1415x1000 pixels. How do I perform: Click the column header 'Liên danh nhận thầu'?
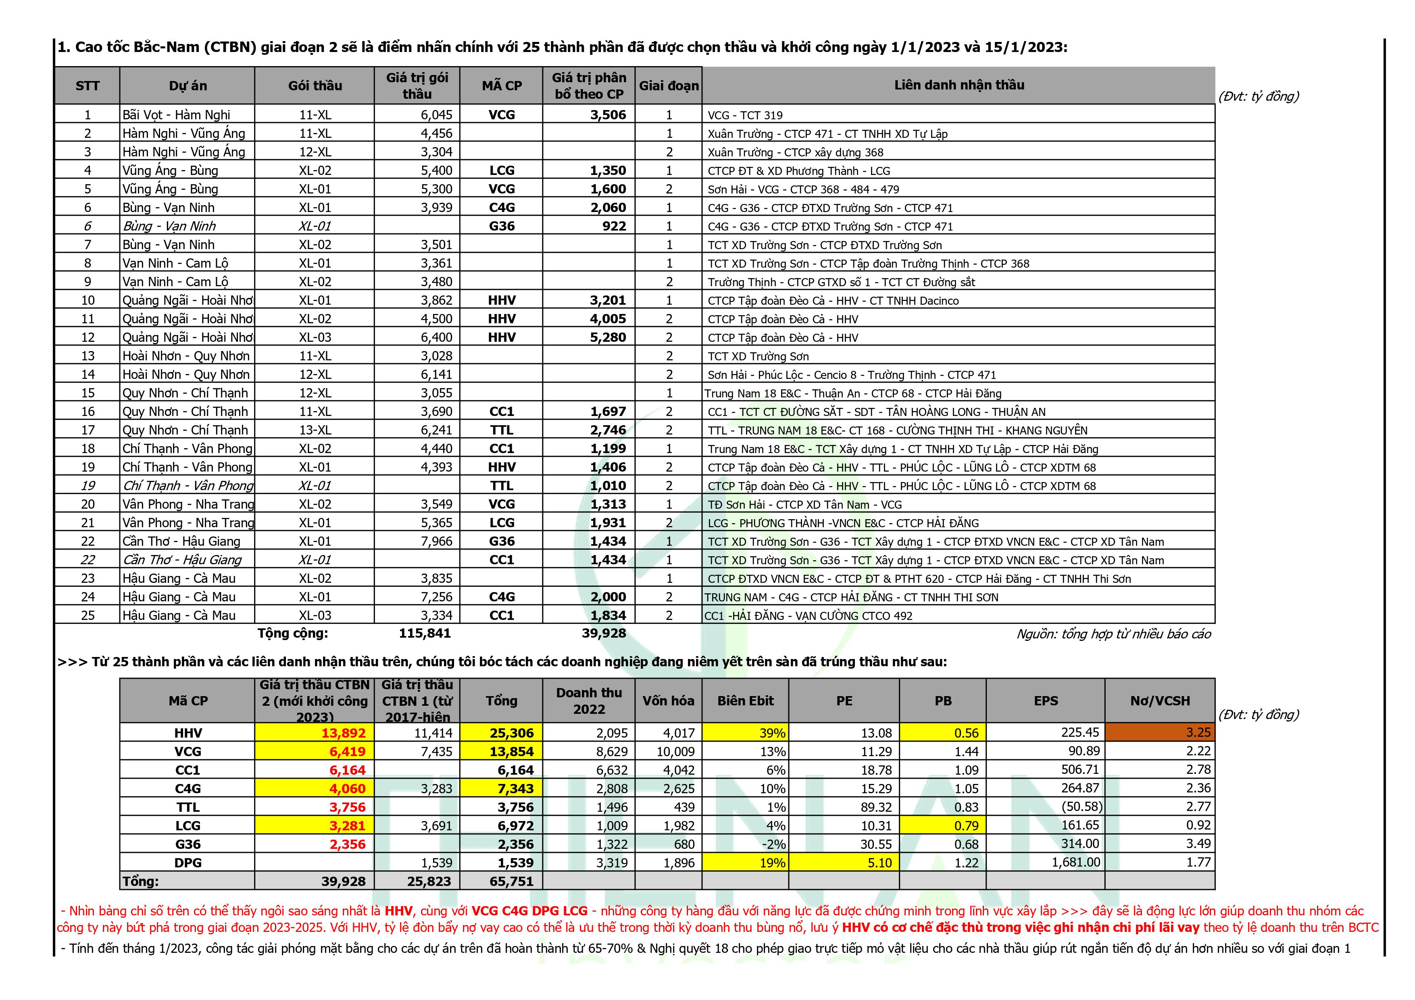pos(959,85)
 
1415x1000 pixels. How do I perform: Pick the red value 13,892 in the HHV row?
pos(343,733)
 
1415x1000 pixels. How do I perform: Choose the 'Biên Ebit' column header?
pos(745,701)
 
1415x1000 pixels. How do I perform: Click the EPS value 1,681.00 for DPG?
pos(1075,863)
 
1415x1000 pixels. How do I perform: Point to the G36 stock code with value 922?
pos(502,226)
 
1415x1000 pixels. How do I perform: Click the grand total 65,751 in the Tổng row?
pos(511,881)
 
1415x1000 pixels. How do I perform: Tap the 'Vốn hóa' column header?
pos(668,701)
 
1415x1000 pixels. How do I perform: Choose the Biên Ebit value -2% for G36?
pos(775,844)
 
